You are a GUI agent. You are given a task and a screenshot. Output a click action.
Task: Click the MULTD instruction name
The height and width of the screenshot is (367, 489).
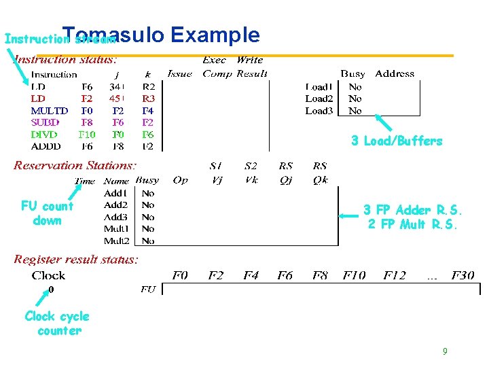point(50,110)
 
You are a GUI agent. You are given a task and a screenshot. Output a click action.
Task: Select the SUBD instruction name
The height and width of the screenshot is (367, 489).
point(46,122)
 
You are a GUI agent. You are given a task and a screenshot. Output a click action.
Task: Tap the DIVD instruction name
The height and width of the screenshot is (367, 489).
point(45,135)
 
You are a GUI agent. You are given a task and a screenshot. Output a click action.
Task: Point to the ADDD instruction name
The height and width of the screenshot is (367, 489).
point(46,146)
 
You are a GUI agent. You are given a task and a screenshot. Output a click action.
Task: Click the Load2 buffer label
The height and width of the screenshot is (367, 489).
point(319,99)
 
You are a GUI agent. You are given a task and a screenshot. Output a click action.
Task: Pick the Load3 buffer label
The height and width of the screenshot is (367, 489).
point(319,110)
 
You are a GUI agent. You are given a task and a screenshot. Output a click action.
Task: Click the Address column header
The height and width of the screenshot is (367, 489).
point(395,73)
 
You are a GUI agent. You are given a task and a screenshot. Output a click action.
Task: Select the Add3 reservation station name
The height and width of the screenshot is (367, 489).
point(115,217)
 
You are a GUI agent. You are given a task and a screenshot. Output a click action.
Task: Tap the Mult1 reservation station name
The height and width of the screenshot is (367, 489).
point(116,229)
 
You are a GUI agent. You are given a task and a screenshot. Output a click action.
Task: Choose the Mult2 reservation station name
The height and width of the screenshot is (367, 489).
point(116,241)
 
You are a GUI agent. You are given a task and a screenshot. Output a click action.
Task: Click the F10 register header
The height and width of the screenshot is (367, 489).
point(354,275)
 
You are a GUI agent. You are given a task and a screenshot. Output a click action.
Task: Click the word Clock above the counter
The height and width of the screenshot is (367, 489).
point(48,275)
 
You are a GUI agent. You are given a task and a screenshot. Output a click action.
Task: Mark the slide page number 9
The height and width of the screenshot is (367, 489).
point(445,351)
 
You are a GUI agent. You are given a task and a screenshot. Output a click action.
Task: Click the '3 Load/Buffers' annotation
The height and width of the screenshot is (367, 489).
point(397,141)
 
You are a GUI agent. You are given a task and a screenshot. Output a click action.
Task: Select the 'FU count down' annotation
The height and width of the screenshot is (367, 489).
point(47,213)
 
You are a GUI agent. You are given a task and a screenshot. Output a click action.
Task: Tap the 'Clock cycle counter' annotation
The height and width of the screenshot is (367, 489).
point(57,324)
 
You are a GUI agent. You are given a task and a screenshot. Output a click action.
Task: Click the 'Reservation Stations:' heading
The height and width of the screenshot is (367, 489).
point(75,165)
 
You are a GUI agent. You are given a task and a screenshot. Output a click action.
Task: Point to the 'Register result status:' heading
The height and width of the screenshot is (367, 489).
point(76,259)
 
